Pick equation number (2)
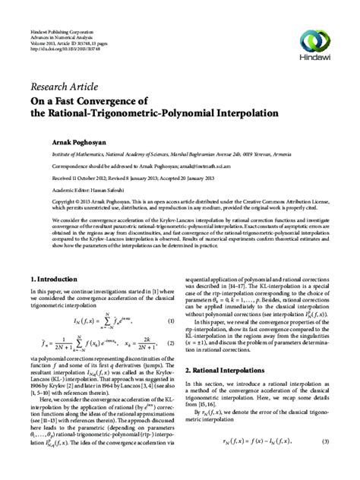click(x=171, y=333)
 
